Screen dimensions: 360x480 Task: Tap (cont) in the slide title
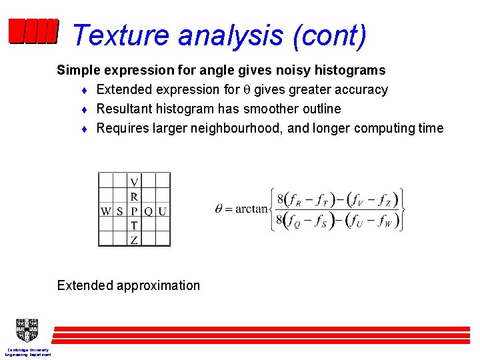coord(329,35)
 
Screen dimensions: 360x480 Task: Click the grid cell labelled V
coord(135,181)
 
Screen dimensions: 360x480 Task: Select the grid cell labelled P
coord(135,211)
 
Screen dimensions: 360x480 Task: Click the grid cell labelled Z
coord(135,240)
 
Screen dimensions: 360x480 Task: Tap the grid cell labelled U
coord(163,211)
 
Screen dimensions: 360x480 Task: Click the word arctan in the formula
coord(251,209)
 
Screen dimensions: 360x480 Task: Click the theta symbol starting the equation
coord(219,208)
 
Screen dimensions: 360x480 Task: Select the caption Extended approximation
coord(129,285)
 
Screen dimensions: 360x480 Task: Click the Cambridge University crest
coord(26,330)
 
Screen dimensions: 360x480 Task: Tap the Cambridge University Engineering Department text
coord(27,352)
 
